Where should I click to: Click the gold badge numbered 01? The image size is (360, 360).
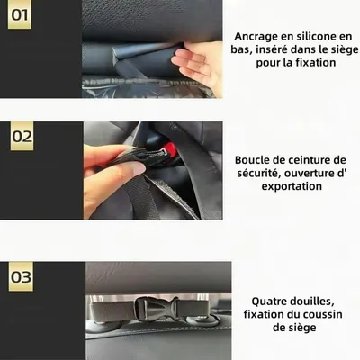(x=20, y=14)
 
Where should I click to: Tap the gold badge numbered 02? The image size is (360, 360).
(x=22, y=136)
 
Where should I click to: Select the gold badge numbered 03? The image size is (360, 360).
(x=21, y=276)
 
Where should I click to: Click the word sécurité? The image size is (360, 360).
(x=258, y=173)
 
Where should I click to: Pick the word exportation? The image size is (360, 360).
(x=292, y=186)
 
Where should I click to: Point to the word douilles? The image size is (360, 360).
(x=312, y=301)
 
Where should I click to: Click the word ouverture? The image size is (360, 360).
(x=313, y=174)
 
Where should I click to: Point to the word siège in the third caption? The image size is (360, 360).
(x=300, y=327)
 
